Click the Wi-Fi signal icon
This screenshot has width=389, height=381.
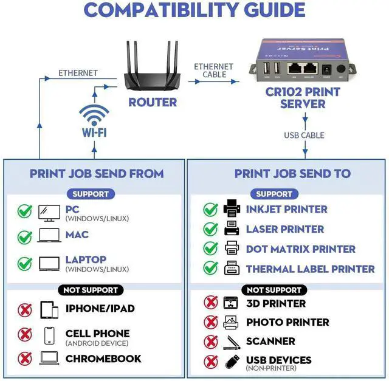(94, 115)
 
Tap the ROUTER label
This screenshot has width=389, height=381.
(152, 102)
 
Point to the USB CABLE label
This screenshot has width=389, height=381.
(304, 136)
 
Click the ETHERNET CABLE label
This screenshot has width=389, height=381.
(214, 70)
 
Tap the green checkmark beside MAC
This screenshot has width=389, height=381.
(25, 236)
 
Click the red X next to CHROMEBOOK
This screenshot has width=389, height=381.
(25, 359)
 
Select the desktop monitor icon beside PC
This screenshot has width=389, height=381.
(49, 211)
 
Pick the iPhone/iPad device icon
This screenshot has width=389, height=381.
(49, 309)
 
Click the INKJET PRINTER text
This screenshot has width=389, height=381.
(286, 209)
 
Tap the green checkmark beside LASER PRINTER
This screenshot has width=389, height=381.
(210, 229)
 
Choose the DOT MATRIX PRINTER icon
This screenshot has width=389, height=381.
(232, 249)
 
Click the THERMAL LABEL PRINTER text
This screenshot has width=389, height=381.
(310, 269)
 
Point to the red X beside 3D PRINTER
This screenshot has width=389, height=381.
(210, 303)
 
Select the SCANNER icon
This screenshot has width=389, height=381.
(232, 342)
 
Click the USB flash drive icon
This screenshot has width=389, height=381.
(232, 362)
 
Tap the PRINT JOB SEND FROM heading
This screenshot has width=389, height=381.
(97, 174)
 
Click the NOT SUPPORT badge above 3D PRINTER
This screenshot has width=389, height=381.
(274, 290)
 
